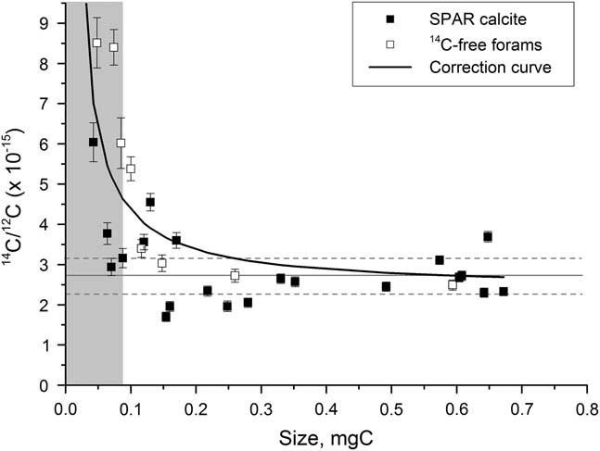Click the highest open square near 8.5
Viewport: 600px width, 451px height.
click(x=96, y=43)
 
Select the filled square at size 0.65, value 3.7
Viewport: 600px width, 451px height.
click(x=488, y=236)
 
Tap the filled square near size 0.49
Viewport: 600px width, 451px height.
click(x=386, y=286)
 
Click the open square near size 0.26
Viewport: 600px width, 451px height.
click(x=235, y=275)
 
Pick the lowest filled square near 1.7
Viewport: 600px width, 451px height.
click(x=166, y=316)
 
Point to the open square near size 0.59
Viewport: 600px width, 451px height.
click(x=453, y=284)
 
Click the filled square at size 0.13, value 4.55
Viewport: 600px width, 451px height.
click(x=150, y=202)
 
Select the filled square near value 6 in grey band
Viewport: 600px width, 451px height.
click(x=93, y=142)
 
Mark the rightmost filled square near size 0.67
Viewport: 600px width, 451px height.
click(x=504, y=291)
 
